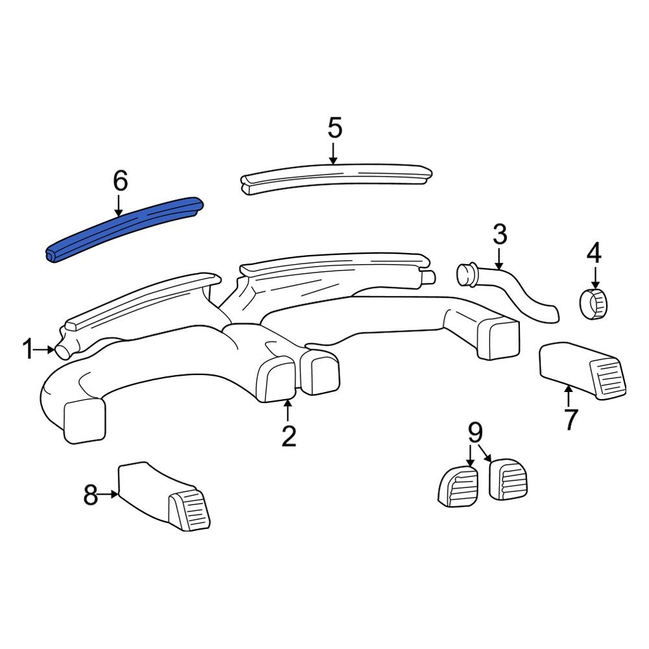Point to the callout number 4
(594, 253)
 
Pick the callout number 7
(570, 419)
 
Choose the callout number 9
(475, 432)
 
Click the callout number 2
(289, 436)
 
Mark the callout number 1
(28, 349)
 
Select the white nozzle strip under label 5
(336, 179)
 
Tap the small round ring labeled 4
(594, 304)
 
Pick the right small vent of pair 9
(508, 479)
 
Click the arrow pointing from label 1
(44, 350)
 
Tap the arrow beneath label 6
(119, 206)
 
